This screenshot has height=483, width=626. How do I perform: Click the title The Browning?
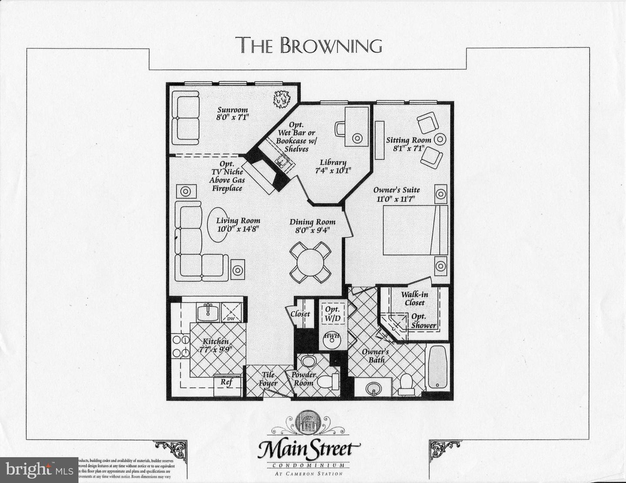tap(309, 45)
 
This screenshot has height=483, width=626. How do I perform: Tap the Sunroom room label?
tap(233, 114)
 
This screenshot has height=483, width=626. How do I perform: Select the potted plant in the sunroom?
tap(282, 99)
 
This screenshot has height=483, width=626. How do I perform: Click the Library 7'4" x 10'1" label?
tap(333, 166)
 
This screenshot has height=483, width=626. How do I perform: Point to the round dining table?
tap(310, 262)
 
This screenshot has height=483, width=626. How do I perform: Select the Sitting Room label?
tap(408, 144)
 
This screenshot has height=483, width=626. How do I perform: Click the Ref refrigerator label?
tap(226, 382)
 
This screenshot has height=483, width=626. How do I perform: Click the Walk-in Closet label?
tap(414, 298)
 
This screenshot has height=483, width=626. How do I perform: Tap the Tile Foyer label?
tap(268, 379)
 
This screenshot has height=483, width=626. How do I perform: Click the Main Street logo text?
tap(309, 450)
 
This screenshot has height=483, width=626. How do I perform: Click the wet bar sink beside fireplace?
tap(283, 162)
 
